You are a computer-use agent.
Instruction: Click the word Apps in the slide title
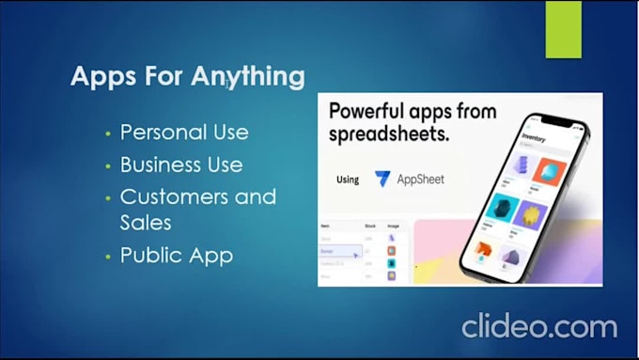click(x=100, y=77)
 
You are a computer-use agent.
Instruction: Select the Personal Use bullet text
click(x=184, y=132)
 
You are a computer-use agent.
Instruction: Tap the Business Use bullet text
click(x=181, y=164)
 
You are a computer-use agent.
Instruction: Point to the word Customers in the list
click(x=176, y=197)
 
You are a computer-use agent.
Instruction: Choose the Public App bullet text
click(x=176, y=255)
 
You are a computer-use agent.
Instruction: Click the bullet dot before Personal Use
click(x=108, y=133)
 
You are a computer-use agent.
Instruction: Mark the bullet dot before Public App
click(x=108, y=256)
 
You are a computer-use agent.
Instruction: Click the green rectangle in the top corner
click(x=563, y=28)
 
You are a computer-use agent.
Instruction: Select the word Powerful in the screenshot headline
click(x=372, y=110)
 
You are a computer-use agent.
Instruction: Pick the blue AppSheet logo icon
click(x=382, y=179)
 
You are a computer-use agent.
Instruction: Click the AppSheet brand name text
click(x=420, y=179)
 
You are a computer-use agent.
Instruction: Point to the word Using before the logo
click(x=347, y=180)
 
